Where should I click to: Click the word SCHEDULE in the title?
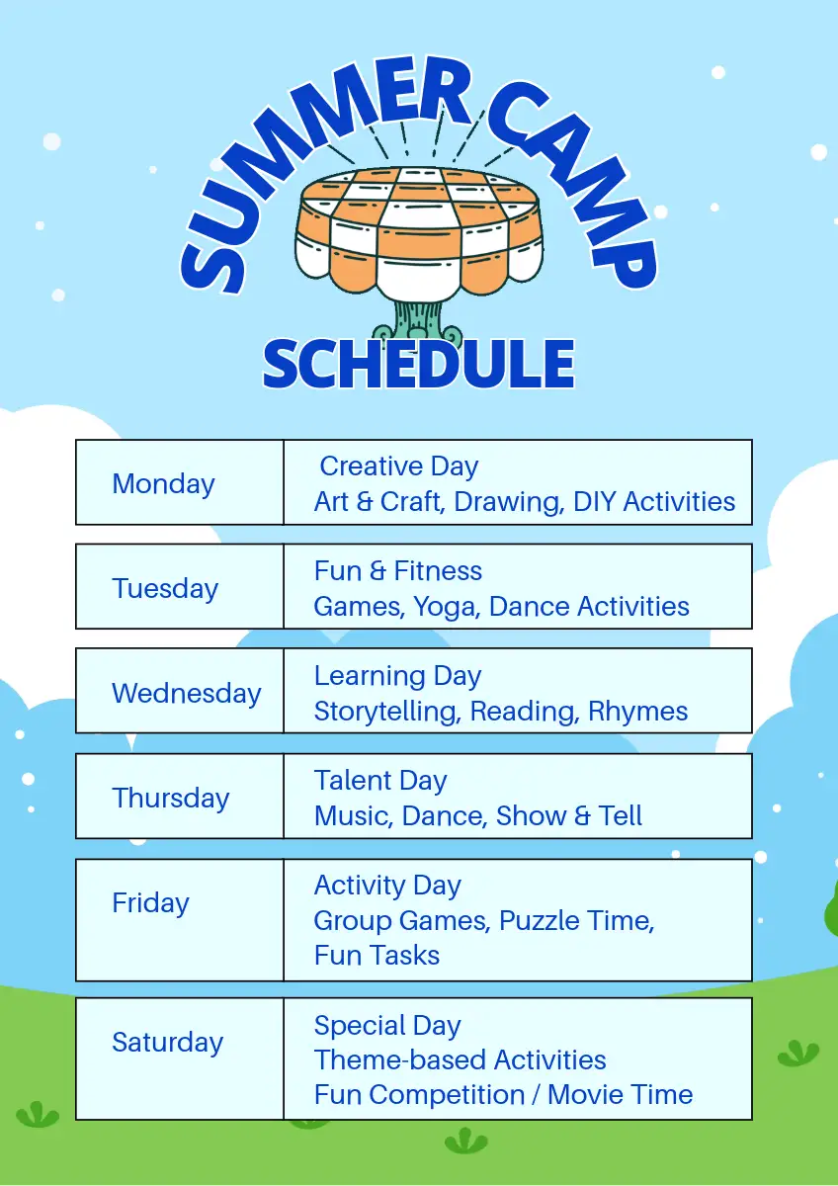[419, 365]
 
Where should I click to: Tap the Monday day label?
[164, 484]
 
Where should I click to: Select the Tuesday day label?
[165, 589]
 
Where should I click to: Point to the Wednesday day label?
[187, 694]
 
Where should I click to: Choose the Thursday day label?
[171, 799]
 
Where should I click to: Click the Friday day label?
[151, 903]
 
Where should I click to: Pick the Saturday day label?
[168, 1043]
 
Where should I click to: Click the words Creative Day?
[399, 467]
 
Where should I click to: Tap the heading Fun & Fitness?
[398, 571]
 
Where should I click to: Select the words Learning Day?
[398, 677]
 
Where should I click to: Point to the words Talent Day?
[381, 782]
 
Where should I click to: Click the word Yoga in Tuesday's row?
[447, 607]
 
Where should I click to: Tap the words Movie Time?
[620, 1095]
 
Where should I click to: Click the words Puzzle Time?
[577, 921]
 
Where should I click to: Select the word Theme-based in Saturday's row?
[400, 1060]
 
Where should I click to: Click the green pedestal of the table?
[418, 321]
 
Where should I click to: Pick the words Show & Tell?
[569, 816]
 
